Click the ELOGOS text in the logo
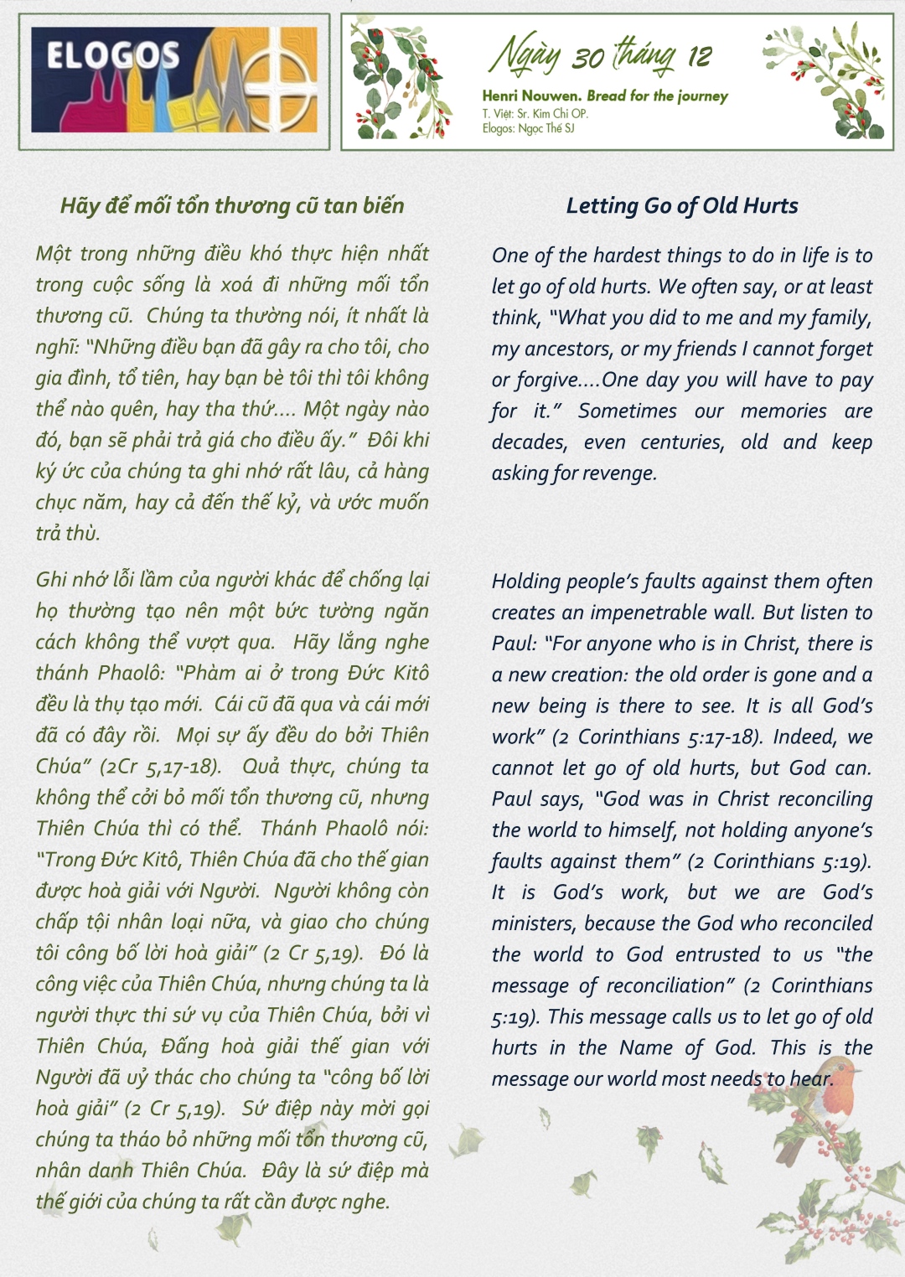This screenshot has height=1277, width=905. pos(112,55)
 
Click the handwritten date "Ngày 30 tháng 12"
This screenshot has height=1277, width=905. pos(600,55)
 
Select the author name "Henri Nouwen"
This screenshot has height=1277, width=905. pos(530,96)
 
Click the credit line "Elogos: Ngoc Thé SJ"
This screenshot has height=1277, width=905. pos(528,128)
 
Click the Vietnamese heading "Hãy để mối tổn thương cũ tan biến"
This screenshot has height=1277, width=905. pos(232,206)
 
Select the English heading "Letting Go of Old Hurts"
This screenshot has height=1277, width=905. pos(682,206)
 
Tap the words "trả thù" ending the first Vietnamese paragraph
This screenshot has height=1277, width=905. pos(68,533)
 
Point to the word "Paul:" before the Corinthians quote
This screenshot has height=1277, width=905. pos(514,644)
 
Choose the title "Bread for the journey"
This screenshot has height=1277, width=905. pos(657,96)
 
